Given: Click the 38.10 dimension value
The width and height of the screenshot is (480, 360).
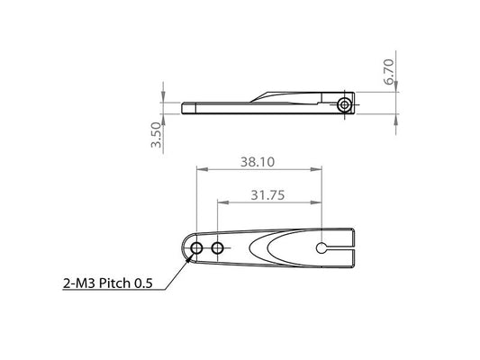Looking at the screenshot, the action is point(258,162).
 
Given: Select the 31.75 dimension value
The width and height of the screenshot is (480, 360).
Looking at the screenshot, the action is point(267,194).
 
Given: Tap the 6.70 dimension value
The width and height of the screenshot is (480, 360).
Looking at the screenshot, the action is point(389,72).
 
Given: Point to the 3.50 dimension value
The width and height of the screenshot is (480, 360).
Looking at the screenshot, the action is point(156,135).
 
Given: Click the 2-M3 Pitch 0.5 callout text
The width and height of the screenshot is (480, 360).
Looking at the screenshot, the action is point(108,283).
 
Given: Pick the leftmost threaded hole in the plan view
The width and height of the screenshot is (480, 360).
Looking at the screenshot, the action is point(196,248).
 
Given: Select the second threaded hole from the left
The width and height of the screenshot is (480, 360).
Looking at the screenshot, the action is point(217,248).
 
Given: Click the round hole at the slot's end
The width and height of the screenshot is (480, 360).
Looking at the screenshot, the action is point(322,248).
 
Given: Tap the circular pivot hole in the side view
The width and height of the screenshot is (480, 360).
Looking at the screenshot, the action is point(344,105).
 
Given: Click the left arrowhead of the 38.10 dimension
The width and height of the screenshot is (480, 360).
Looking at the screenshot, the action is point(202,169).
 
